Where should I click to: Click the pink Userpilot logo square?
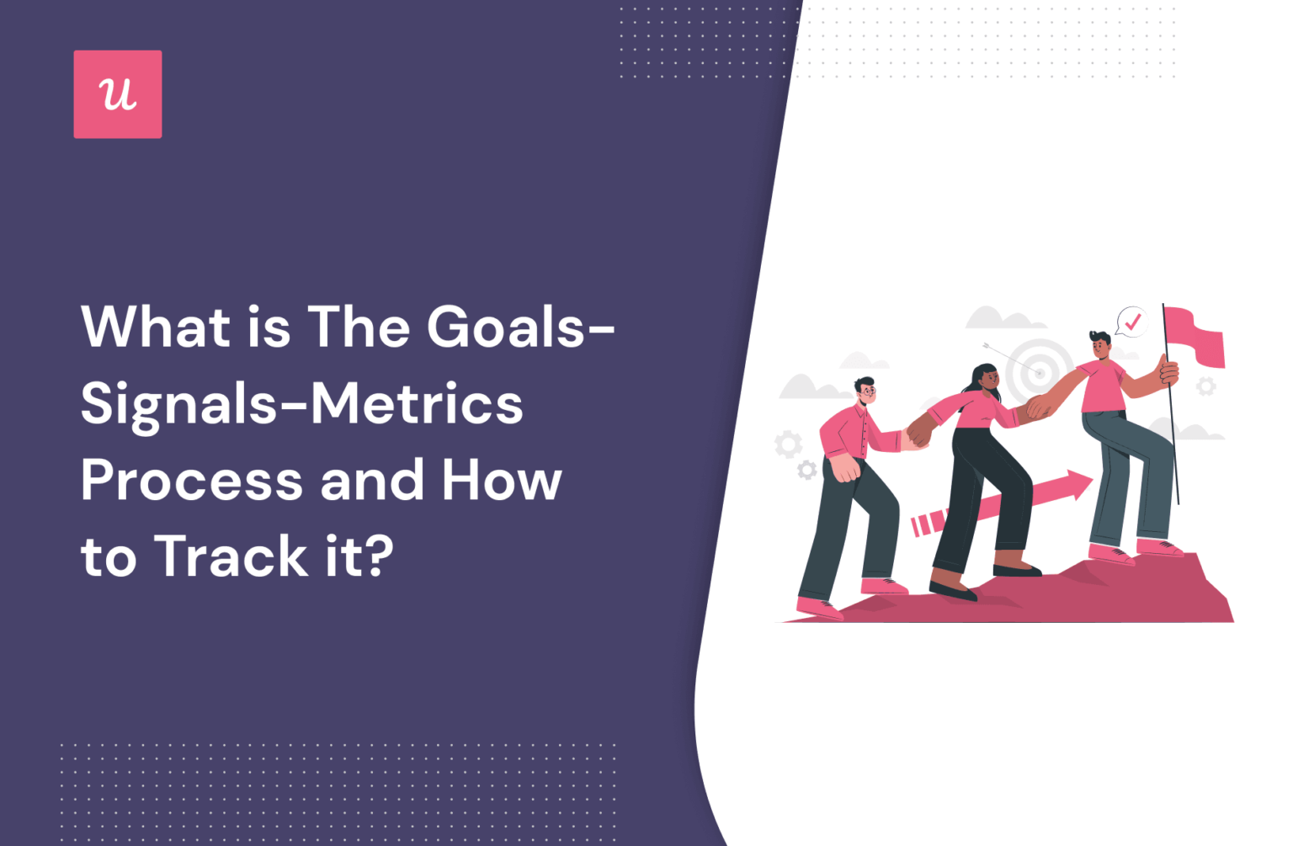(118, 94)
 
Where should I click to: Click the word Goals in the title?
(506, 327)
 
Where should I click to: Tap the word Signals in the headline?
(178, 404)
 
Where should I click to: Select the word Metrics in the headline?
(417, 404)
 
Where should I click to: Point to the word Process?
(192, 481)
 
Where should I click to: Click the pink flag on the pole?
(1195, 336)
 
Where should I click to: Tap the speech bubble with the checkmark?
(1131, 322)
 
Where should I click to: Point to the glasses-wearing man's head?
(865, 391)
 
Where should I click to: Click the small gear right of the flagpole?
(1205, 386)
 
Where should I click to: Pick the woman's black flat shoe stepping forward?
(952, 588)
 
